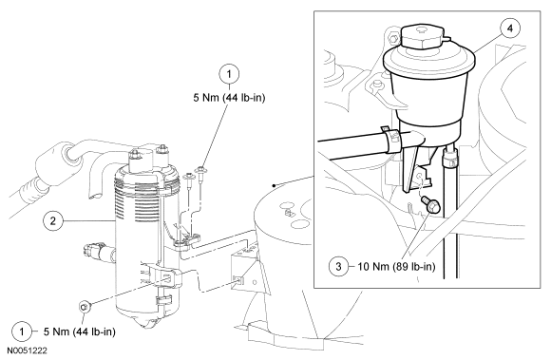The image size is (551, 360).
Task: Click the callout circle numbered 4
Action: tap(510, 28)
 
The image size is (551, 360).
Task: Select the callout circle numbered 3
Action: tap(338, 267)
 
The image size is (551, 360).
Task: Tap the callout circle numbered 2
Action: tap(53, 221)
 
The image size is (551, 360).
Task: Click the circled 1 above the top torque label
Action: tap(229, 74)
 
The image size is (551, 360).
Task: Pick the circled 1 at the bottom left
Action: tap(22, 332)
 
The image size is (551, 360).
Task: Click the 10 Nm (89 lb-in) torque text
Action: tap(396, 267)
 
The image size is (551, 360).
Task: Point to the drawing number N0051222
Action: tap(27, 351)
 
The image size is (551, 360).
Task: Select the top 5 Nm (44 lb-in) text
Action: tap(229, 97)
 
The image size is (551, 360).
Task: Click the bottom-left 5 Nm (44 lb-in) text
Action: tap(80, 332)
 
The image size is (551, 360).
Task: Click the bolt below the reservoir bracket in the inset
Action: tap(430, 203)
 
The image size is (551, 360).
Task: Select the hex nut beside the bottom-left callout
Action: tap(85, 307)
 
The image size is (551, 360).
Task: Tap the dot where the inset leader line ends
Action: tap(274, 185)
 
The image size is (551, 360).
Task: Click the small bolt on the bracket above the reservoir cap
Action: tap(393, 38)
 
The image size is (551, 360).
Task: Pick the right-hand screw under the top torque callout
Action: tap(201, 175)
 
